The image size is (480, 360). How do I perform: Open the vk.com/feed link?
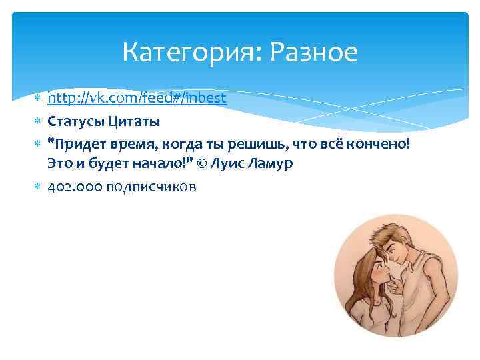[x=137, y=99]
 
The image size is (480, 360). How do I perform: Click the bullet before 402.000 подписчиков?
[x=37, y=187]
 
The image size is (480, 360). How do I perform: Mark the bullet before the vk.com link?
[x=37, y=99]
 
